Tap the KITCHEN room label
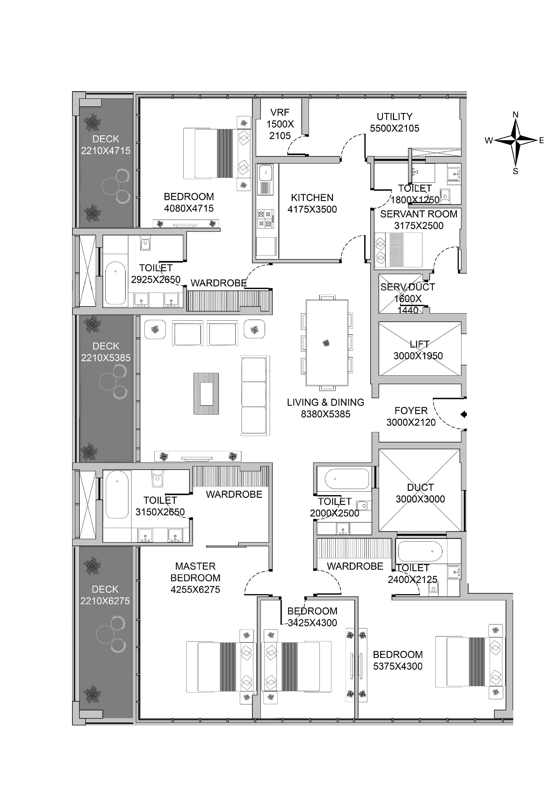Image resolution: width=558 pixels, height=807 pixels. click(x=312, y=198)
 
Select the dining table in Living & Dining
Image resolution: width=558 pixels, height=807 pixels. click(x=327, y=343)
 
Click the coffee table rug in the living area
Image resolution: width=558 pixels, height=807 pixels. click(x=206, y=394)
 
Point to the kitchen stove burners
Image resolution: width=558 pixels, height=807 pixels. click(x=265, y=219)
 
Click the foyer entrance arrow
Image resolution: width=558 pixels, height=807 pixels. click(x=464, y=415)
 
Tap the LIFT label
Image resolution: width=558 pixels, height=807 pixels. click(x=420, y=344)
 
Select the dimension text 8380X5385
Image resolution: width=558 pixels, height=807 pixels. click(x=326, y=414)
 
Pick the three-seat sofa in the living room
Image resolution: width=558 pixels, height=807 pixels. click(x=254, y=395)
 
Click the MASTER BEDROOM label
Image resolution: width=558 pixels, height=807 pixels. click(x=195, y=572)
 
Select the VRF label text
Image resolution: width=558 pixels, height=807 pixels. click(x=280, y=112)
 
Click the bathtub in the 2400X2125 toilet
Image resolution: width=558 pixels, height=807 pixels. click(x=420, y=552)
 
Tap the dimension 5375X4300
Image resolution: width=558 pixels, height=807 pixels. click(x=398, y=666)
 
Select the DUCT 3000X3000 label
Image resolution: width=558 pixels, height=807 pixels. click(x=420, y=493)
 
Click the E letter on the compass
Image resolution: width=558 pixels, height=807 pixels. click(x=541, y=141)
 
